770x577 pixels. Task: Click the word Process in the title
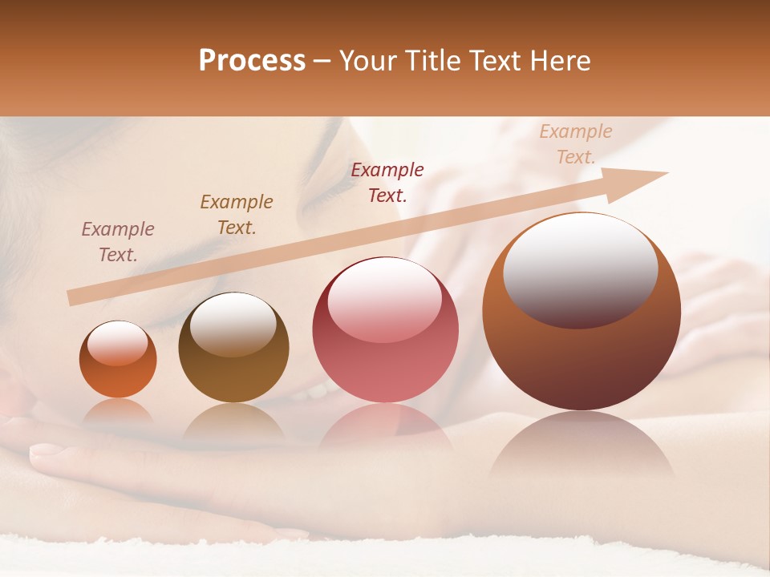click(252, 61)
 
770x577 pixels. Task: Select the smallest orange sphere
click(118, 361)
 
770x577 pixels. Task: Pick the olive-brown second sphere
click(233, 349)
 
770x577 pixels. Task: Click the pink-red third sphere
click(385, 330)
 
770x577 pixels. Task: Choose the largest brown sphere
click(582, 313)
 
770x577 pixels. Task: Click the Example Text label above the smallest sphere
click(118, 241)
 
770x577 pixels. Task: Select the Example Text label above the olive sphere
click(237, 214)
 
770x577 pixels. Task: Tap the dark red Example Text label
click(387, 182)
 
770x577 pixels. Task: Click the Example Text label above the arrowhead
click(576, 143)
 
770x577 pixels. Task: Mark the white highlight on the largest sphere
click(580, 268)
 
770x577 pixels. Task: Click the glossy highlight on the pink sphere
click(384, 299)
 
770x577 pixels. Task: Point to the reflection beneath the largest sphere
click(582, 445)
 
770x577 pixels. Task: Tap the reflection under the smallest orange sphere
click(118, 412)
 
